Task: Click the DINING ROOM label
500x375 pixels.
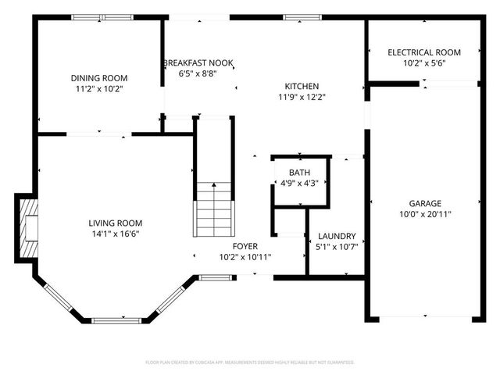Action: [98, 78]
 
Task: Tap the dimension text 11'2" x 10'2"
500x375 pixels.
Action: [98, 89]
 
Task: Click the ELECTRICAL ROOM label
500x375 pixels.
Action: [424, 52]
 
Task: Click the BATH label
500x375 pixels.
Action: [299, 173]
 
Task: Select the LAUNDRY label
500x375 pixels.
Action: [337, 236]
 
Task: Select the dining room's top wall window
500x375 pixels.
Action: [102, 17]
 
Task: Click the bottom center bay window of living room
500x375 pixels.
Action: [117, 320]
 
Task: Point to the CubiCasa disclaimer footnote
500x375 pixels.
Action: [250, 362]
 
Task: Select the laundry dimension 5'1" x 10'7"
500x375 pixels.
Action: [337, 248]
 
